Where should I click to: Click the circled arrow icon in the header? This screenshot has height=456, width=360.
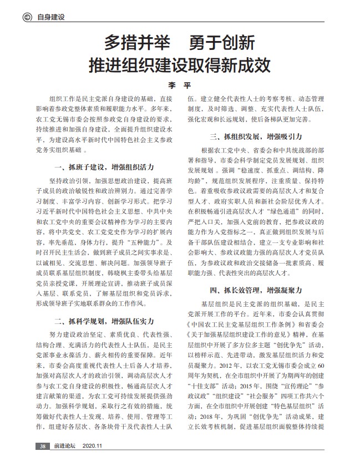(x=26, y=17)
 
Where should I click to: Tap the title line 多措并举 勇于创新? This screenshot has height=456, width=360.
(x=180, y=43)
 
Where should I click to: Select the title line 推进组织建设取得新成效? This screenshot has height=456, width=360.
(x=180, y=65)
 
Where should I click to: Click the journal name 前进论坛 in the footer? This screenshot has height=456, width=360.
(x=64, y=446)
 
